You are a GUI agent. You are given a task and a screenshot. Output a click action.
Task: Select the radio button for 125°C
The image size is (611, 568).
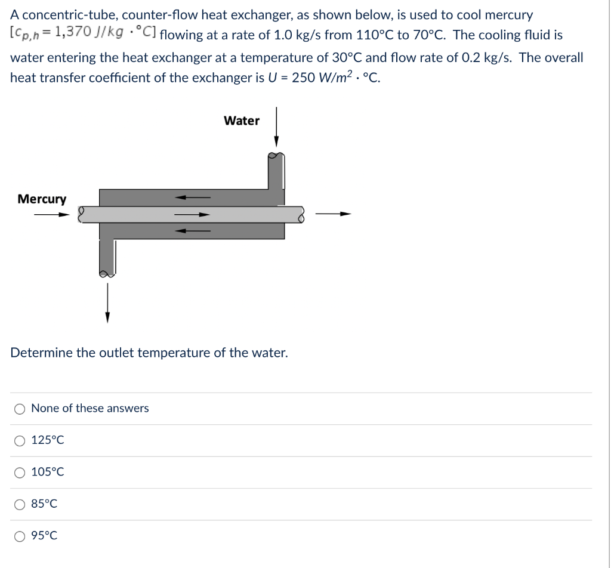(x=20, y=441)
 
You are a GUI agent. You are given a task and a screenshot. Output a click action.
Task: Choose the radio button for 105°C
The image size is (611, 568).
(x=20, y=473)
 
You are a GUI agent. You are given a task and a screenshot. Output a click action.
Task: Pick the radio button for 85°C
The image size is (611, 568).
(x=20, y=504)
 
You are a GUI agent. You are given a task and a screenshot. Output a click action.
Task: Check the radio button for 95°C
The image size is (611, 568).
(x=20, y=536)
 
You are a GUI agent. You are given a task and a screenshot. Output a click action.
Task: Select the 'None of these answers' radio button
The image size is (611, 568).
(x=20, y=409)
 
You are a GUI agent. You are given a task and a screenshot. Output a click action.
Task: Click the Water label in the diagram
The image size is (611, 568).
(x=242, y=121)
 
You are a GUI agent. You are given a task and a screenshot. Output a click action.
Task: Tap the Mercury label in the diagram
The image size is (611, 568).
(x=42, y=199)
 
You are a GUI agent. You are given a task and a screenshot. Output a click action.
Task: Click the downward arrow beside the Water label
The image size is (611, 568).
(x=276, y=127)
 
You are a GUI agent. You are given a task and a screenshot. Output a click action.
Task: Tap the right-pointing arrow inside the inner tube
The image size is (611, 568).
(x=192, y=215)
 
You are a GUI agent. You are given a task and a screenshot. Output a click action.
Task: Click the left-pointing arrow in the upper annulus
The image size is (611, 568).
(x=192, y=197)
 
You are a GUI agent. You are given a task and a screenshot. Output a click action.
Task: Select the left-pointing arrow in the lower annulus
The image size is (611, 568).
(x=192, y=231)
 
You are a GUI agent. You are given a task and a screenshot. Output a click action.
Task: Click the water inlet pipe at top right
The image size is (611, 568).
(x=276, y=173)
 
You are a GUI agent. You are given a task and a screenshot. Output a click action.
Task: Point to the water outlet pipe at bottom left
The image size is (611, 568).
(x=107, y=257)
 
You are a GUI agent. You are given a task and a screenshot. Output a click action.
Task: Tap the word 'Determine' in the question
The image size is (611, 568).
(x=41, y=353)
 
